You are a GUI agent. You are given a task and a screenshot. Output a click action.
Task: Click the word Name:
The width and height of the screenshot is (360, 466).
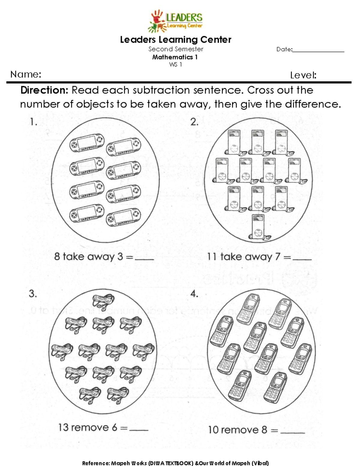(26, 74)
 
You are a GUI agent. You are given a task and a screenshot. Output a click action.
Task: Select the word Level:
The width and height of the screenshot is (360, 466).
(303, 75)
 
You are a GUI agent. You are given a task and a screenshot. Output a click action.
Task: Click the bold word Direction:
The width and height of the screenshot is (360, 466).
(45, 90)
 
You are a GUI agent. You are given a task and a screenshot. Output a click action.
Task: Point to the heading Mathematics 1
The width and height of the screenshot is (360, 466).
(175, 57)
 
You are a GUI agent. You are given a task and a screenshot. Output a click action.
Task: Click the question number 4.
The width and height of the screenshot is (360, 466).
(194, 294)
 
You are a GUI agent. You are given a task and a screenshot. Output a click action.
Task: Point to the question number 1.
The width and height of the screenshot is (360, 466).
(33, 122)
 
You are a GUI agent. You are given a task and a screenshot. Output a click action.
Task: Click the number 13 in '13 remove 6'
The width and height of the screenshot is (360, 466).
(64, 427)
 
